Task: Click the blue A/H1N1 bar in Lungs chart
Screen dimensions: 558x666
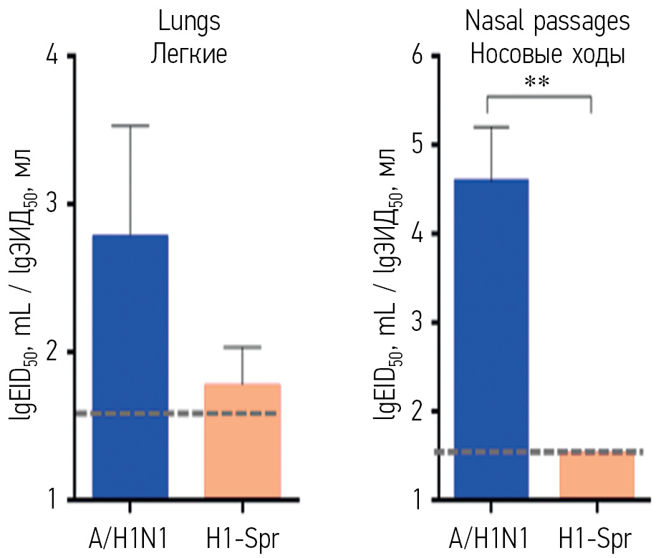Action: tap(130, 365)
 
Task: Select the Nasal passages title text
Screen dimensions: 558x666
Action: tap(548, 21)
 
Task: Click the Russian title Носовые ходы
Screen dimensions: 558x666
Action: tap(548, 54)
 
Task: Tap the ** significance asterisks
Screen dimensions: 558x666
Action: tap(537, 82)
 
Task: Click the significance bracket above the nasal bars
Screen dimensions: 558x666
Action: tap(539, 97)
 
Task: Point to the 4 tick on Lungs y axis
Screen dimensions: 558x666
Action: tap(52, 57)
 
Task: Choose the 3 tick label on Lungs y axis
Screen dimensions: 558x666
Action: tap(52, 205)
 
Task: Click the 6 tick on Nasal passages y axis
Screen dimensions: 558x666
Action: tap(415, 57)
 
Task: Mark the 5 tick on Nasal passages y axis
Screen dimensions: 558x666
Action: tap(415, 145)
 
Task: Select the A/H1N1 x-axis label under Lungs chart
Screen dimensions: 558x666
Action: tap(130, 538)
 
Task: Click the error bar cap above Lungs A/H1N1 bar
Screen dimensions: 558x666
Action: tap(131, 126)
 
